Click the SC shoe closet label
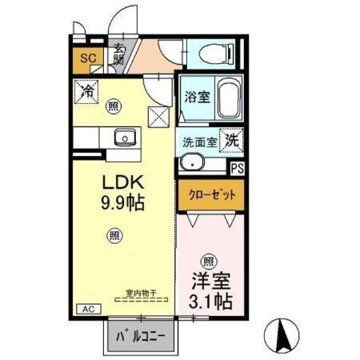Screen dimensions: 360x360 pyautogui.click(x=87, y=58)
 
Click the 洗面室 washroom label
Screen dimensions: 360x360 pyautogui.click(x=199, y=140)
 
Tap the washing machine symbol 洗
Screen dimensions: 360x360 pyautogui.click(x=231, y=138)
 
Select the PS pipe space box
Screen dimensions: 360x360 pyautogui.click(x=237, y=168)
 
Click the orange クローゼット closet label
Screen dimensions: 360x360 pyautogui.click(x=210, y=193)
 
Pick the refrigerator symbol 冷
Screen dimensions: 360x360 pyautogui.click(x=86, y=91)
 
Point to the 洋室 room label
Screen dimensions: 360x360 pyautogui.click(x=209, y=282)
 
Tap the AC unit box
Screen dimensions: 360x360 pyautogui.click(x=86, y=309)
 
